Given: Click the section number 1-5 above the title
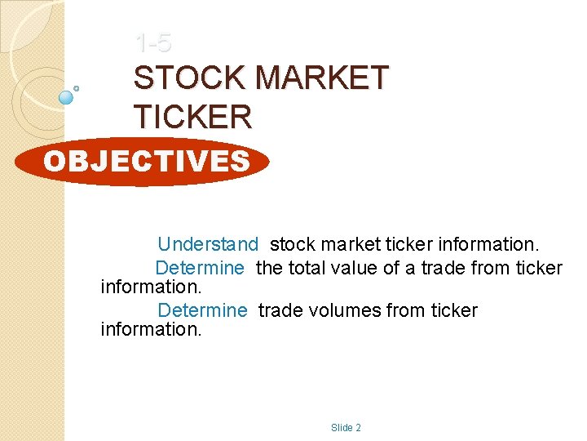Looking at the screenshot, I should point(152,40).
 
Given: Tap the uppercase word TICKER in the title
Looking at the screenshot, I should point(193,117).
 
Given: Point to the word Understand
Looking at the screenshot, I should point(208,244).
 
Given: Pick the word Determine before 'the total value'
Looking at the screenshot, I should point(200,268).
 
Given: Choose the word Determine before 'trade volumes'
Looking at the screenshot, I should point(201,310).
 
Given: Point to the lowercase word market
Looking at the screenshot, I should point(349,244).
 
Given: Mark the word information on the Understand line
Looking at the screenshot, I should point(488,244).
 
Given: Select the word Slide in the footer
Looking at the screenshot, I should point(341,428).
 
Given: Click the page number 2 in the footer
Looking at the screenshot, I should point(358,428).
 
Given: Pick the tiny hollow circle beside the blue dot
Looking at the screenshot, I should point(77,87).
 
